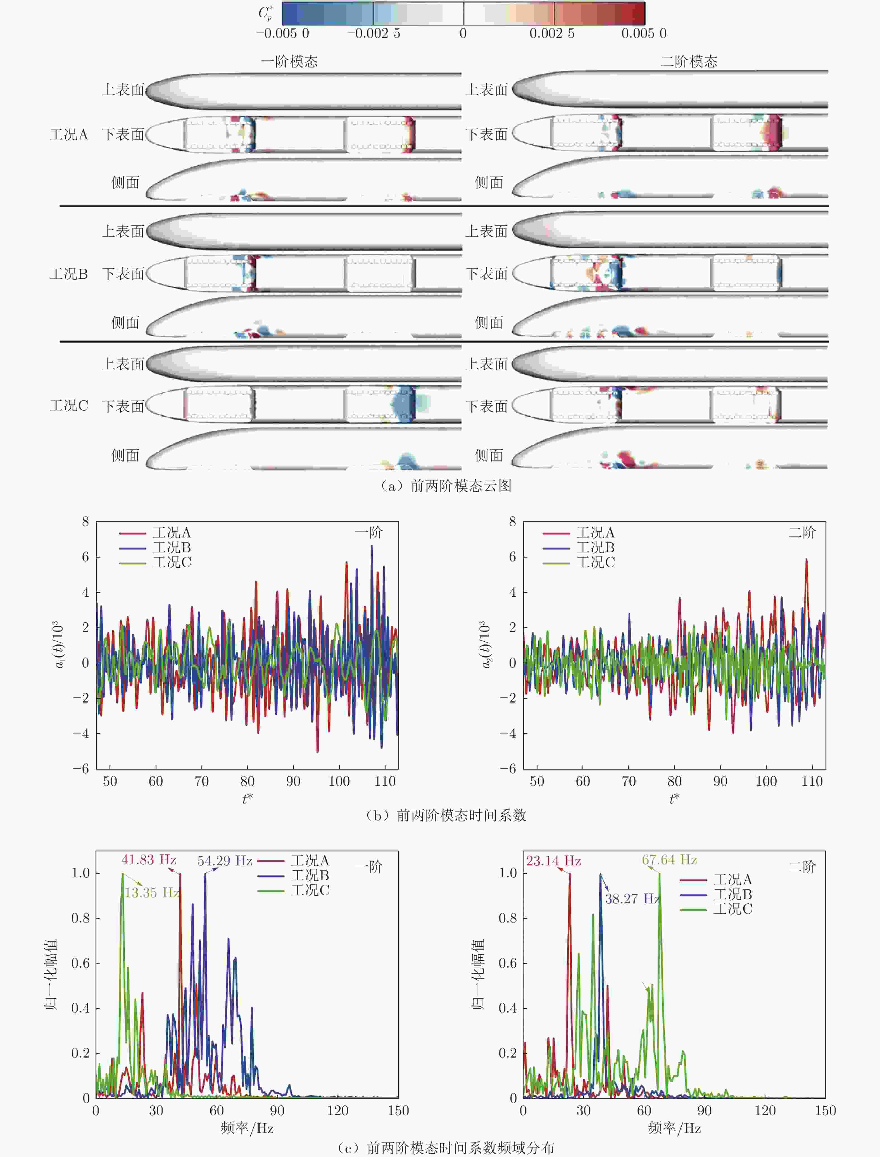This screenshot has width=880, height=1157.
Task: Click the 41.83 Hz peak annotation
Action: click(x=149, y=860)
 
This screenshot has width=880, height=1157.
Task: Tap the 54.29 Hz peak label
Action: click(x=225, y=861)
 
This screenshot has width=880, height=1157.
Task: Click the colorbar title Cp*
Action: click(x=266, y=13)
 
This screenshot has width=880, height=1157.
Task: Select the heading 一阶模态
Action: click(x=290, y=62)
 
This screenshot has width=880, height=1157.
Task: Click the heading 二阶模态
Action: click(x=689, y=62)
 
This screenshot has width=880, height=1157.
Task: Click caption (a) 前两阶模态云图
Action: click(x=445, y=485)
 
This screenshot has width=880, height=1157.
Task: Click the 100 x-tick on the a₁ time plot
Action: click(x=339, y=782)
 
